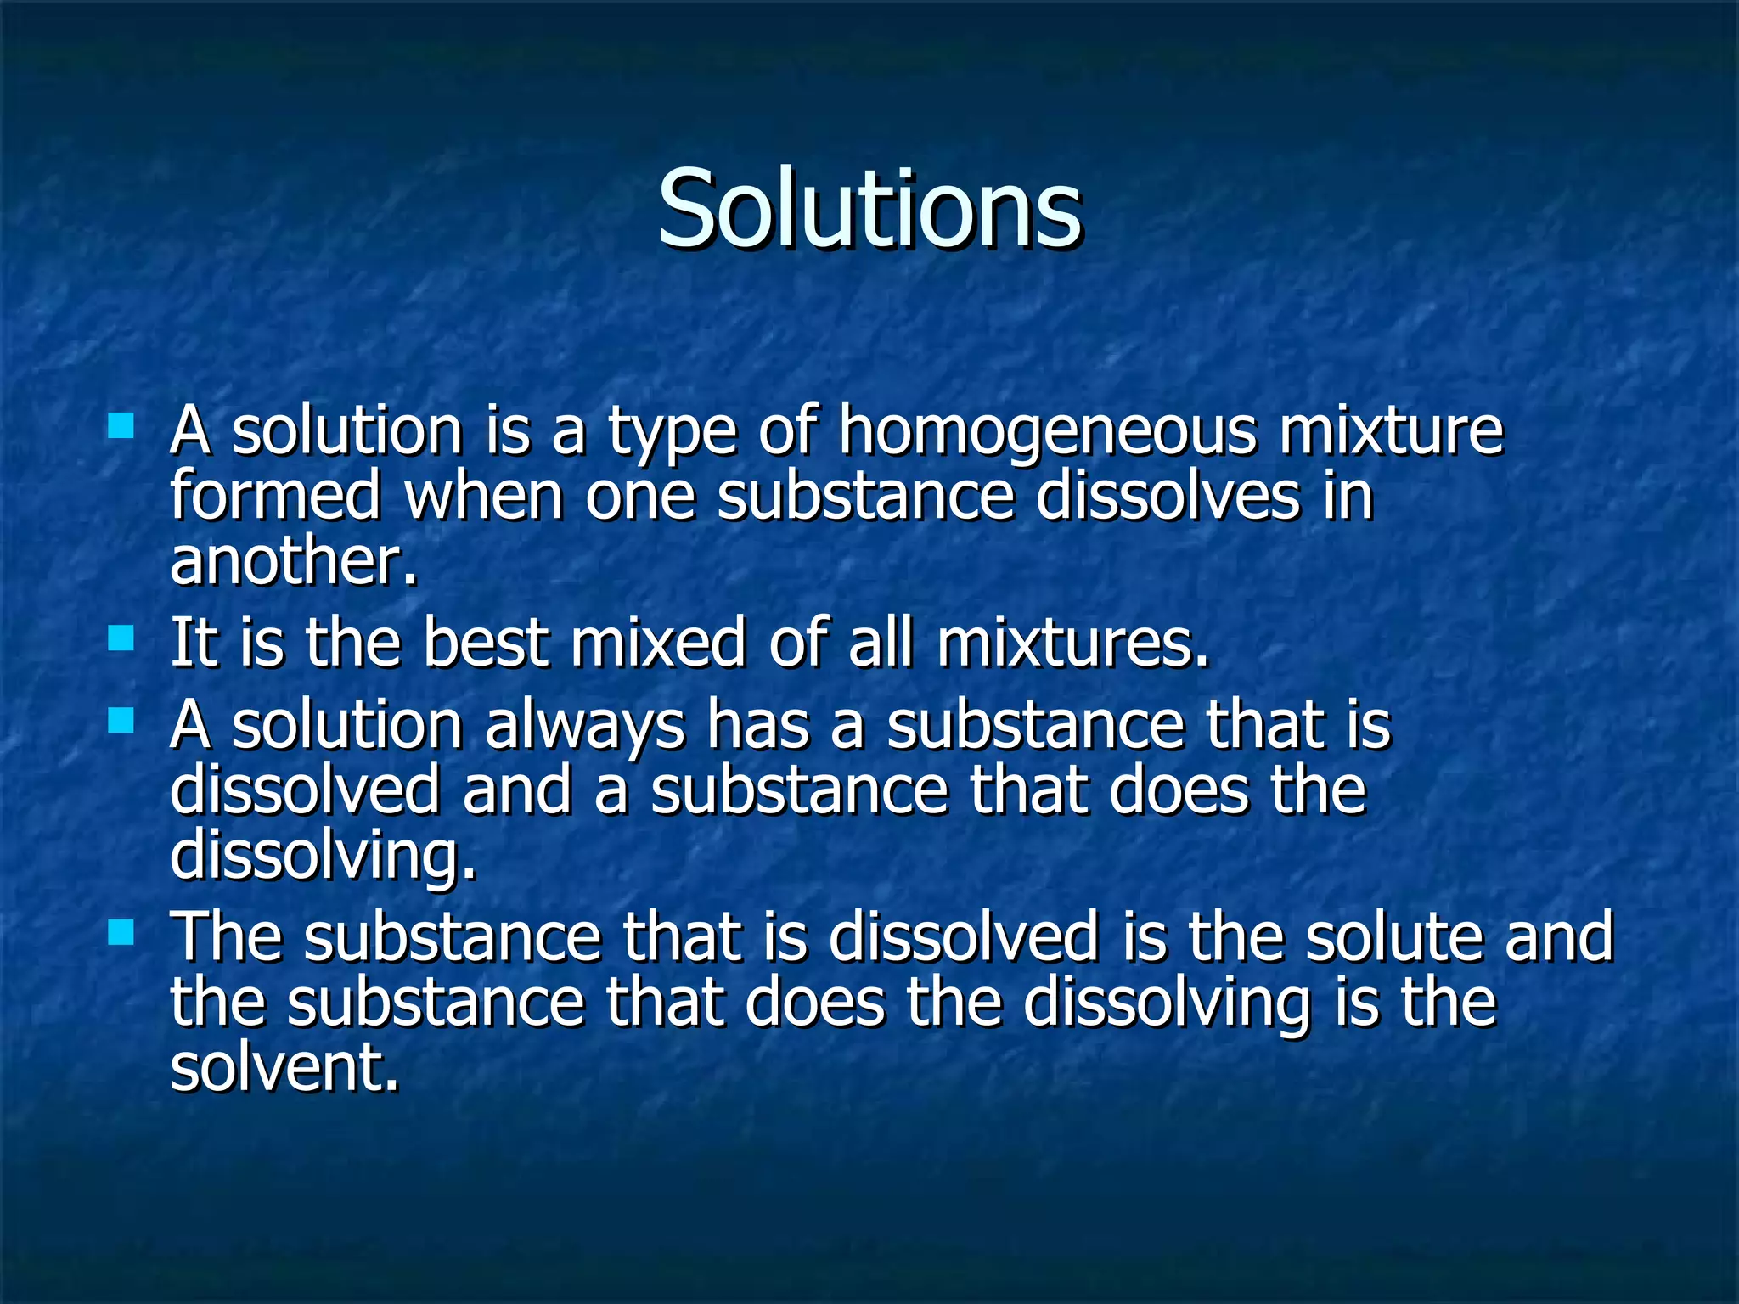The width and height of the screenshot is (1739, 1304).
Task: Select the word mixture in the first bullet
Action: pos(1391,430)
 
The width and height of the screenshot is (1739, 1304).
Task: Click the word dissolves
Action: pos(1168,496)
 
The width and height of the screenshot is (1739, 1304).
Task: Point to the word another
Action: pos(294,562)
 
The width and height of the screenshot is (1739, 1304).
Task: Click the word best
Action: pos(485,643)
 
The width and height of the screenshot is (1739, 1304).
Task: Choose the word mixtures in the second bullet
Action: pos(1072,643)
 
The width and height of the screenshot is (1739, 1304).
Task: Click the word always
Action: pos(585,728)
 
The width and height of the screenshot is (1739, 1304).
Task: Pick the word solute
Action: pos(1393,936)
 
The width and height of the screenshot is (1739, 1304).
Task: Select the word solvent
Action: pos(284,1067)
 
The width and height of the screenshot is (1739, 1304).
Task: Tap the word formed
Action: pos(276,496)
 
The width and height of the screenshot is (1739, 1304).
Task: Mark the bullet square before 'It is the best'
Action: pos(121,638)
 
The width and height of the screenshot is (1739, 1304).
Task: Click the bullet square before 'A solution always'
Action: pos(121,721)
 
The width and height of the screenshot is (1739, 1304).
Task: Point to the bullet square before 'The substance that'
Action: pos(121,933)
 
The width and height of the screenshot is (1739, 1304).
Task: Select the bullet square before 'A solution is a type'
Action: pos(121,425)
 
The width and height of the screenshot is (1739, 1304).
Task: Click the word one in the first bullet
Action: pos(639,497)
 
